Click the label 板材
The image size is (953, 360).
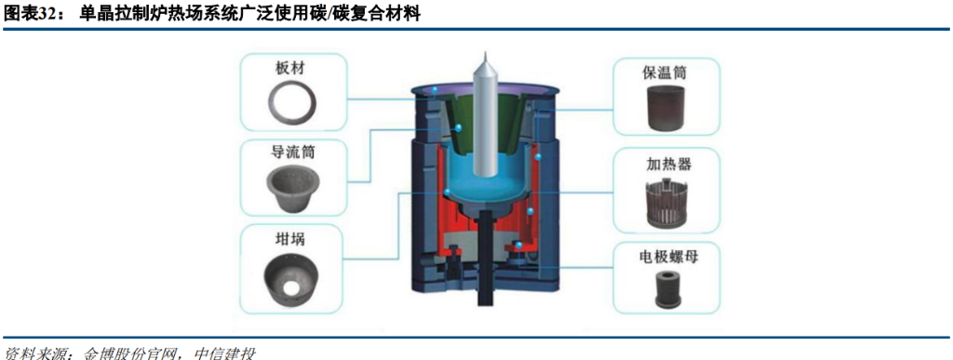point(293,68)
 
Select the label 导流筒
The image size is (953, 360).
point(293,153)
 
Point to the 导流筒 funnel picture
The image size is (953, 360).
point(293,189)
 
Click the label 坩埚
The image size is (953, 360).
point(293,240)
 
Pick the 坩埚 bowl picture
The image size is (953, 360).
point(293,275)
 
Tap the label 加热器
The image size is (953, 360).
point(664,164)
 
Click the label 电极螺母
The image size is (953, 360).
point(664,258)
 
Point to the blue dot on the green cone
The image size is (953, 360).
point(459,127)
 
